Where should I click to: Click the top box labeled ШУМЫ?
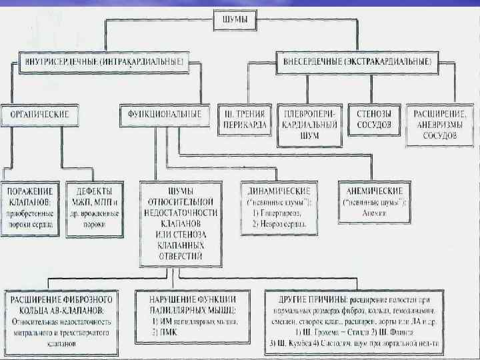239,21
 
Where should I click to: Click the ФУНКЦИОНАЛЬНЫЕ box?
161,115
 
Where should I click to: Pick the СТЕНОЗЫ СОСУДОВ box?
373,119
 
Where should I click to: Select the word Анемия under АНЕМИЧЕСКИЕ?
375,215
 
